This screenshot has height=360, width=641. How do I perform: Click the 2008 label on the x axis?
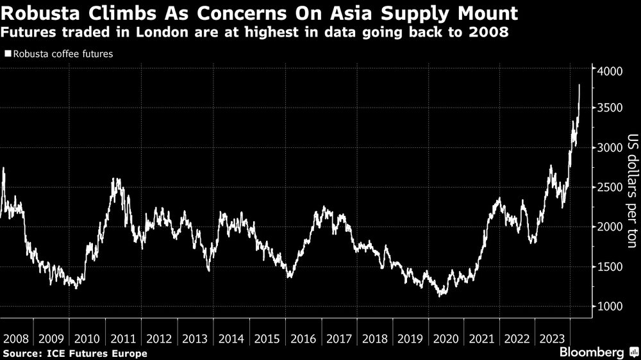(x=15, y=338)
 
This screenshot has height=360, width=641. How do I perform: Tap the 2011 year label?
(x=122, y=338)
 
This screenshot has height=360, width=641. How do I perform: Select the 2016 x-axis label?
(x=301, y=338)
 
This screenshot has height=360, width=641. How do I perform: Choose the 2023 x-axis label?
(x=552, y=338)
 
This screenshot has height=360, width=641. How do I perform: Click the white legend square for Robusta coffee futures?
(x=7, y=54)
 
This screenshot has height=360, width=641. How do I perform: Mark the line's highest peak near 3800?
(x=579, y=85)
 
